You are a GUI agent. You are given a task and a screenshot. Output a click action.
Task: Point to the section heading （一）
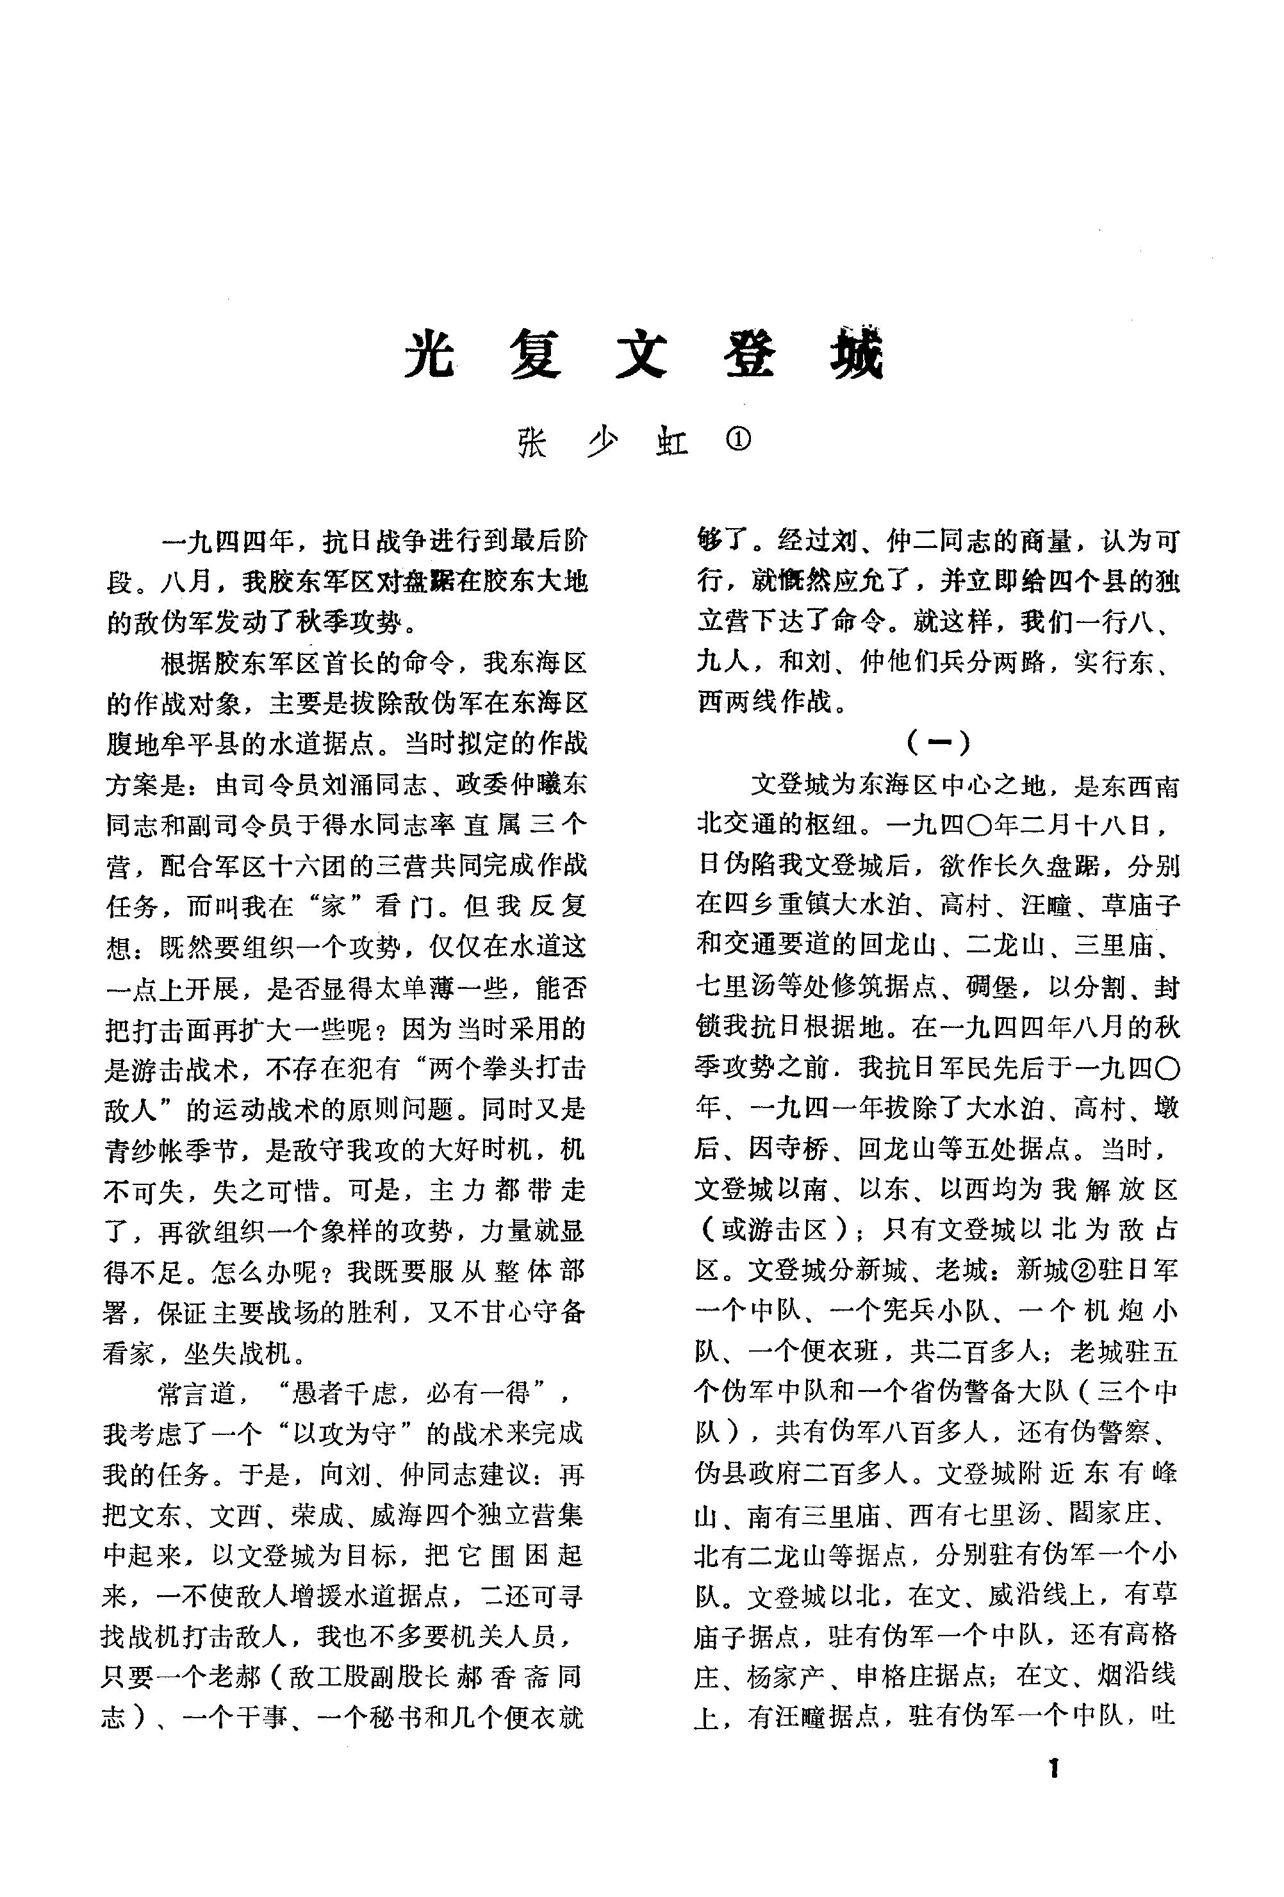pyautogui.click(x=938, y=741)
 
